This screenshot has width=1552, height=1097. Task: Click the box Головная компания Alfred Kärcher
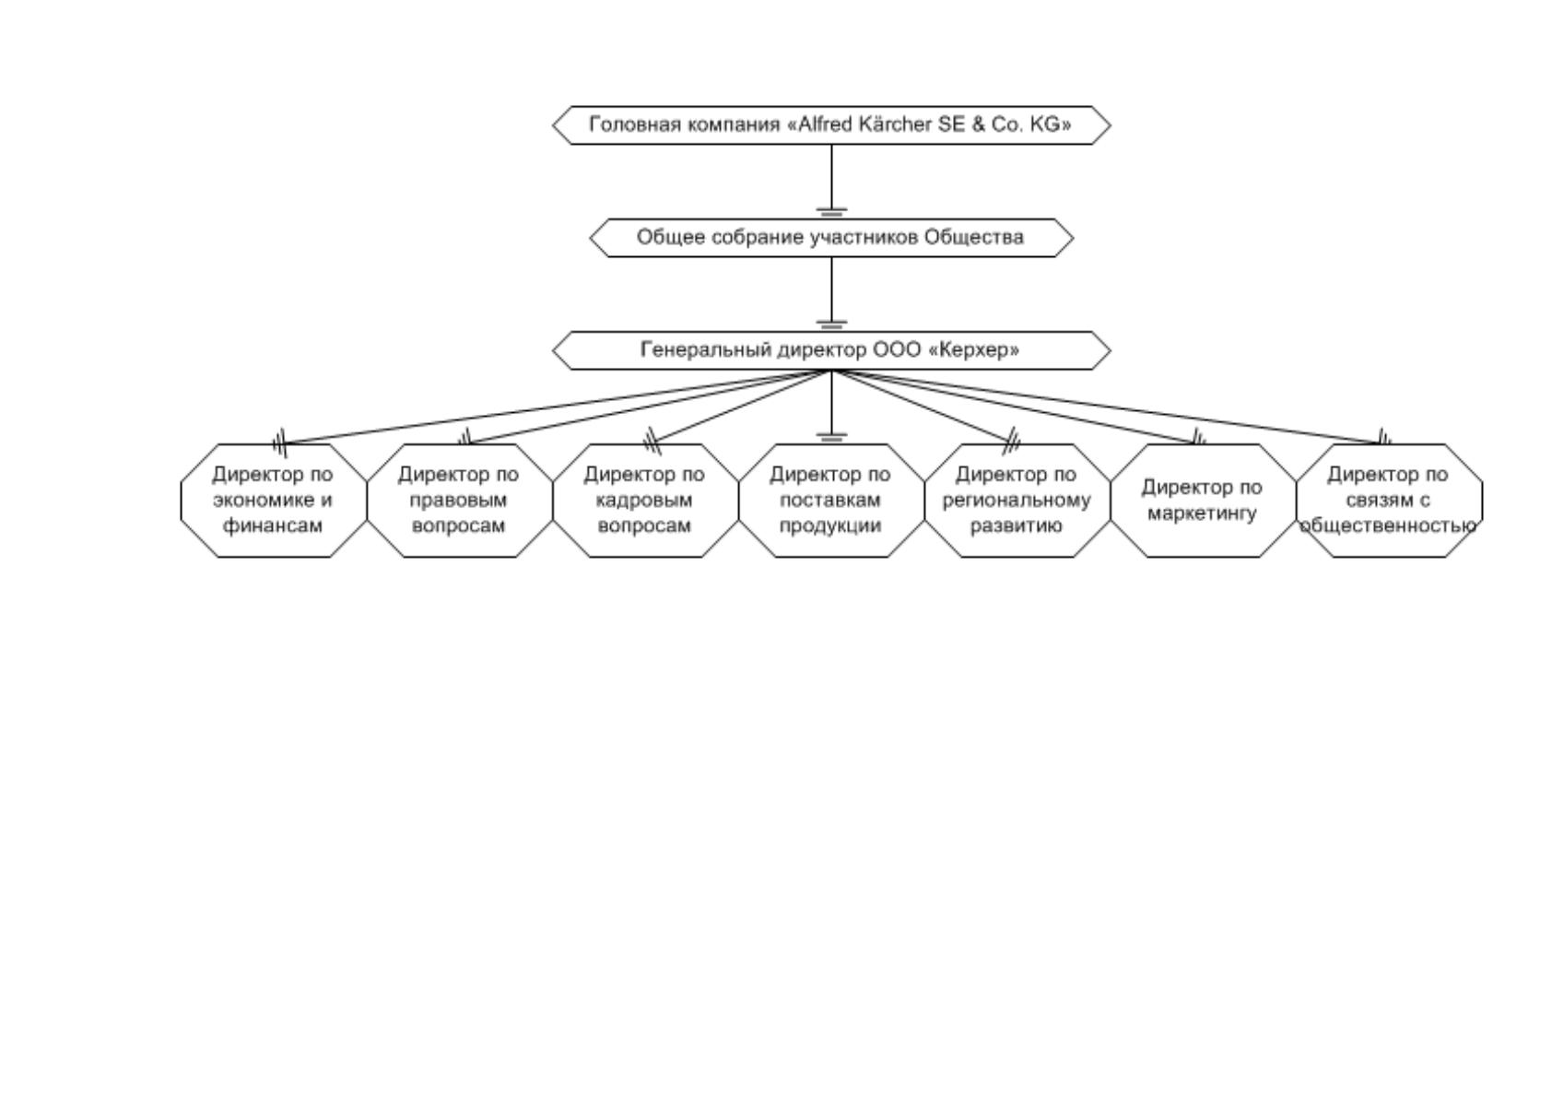coord(831,125)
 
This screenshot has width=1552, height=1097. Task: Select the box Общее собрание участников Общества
coord(831,238)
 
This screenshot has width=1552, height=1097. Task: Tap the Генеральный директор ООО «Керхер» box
coord(831,350)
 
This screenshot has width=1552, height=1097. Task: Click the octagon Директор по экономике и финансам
coord(274,501)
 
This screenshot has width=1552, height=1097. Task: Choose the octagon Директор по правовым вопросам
coord(459,501)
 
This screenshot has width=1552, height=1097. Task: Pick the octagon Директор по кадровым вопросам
coord(646,501)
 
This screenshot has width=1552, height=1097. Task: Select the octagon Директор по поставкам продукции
coord(831,501)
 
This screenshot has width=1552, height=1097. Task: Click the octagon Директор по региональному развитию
coord(1017,501)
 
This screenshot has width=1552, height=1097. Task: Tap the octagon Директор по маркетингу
coord(1204,501)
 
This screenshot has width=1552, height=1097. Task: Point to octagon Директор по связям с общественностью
coord(1389,501)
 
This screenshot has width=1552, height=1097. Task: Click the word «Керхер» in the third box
coord(973,350)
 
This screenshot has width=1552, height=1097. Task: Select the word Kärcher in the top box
coord(895,124)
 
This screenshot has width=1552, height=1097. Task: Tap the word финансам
coord(273,526)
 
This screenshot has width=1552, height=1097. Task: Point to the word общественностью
coord(1388,526)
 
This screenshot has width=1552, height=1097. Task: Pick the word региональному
coord(1017,501)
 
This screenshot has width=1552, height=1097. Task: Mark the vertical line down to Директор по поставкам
coord(831,407)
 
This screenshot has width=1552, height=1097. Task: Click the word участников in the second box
coord(864,238)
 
